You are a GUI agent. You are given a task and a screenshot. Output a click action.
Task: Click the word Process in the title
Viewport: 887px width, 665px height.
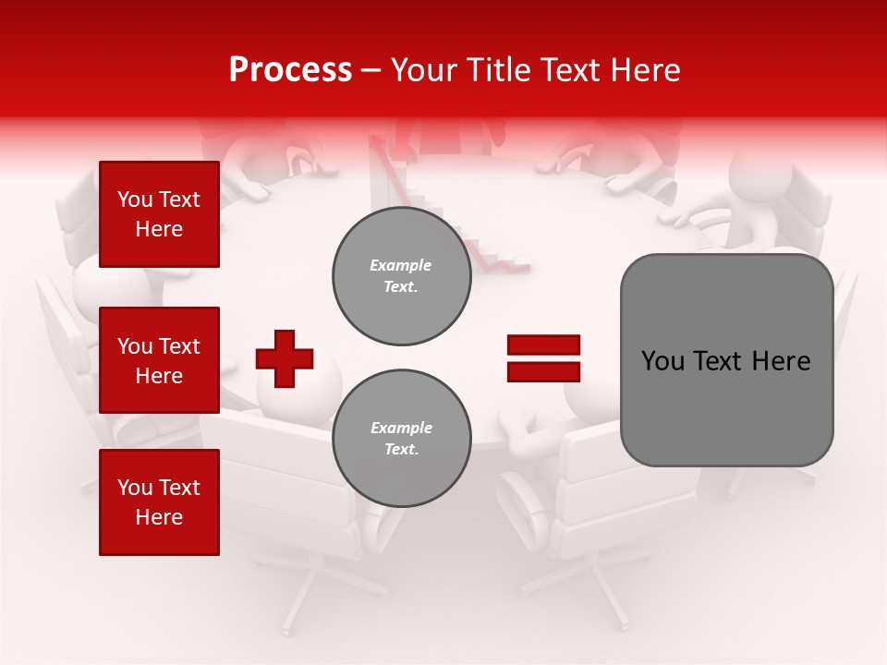(x=290, y=70)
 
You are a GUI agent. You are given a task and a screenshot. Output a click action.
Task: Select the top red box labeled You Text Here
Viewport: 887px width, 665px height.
(x=159, y=214)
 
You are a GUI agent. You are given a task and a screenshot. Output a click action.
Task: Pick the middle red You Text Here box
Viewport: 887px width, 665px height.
(x=159, y=360)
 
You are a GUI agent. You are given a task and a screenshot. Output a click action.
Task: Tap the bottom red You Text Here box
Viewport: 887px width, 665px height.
(x=159, y=502)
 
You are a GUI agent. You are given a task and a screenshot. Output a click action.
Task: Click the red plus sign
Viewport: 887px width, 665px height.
(x=285, y=358)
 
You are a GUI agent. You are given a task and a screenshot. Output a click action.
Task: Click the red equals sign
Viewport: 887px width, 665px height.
(x=543, y=358)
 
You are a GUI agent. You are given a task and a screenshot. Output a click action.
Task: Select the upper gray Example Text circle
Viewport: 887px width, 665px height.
(x=402, y=276)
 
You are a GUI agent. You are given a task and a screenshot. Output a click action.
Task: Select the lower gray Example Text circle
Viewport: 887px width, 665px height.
(x=402, y=438)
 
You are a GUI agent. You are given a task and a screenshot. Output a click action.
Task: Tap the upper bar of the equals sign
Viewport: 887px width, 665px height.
(x=543, y=345)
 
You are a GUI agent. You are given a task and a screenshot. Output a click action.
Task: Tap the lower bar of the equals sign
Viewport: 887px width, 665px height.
(x=543, y=371)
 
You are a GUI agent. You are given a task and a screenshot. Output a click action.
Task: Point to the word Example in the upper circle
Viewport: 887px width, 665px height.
(x=400, y=265)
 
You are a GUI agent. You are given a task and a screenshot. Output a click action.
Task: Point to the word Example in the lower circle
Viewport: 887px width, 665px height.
(x=401, y=428)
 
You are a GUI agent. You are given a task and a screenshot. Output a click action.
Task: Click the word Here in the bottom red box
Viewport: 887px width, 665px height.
(x=159, y=517)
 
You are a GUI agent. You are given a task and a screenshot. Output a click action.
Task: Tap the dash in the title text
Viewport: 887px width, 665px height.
(x=371, y=71)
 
